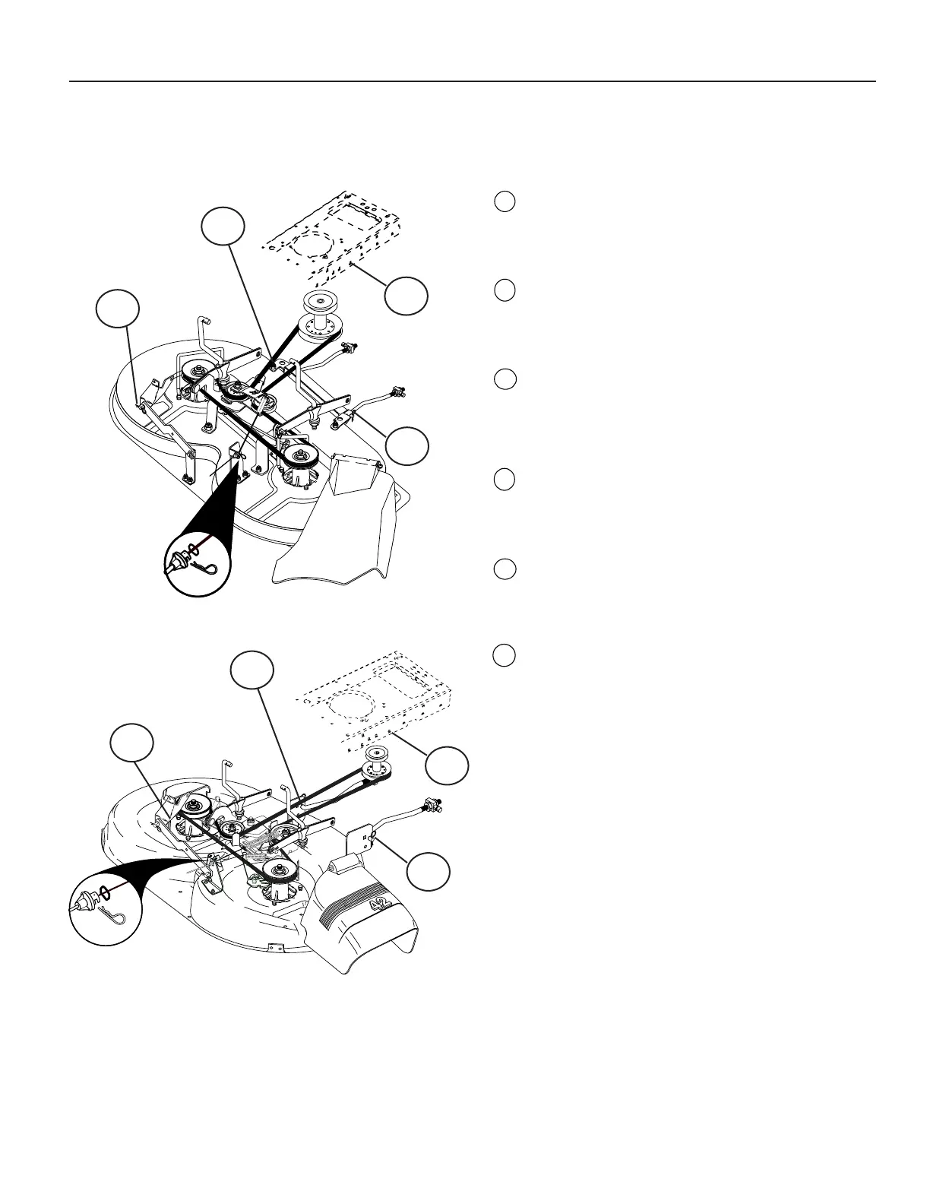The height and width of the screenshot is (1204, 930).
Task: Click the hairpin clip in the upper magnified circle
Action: (x=207, y=564)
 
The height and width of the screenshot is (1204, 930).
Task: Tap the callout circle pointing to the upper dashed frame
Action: (x=406, y=295)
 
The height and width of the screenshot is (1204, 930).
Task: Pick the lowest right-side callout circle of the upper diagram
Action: (x=406, y=445)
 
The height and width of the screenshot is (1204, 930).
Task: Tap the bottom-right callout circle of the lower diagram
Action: (x=428, y=871)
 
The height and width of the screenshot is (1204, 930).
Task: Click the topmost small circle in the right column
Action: (x=505, y=201)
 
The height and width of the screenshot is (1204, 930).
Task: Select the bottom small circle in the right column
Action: (x=505, y=655)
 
